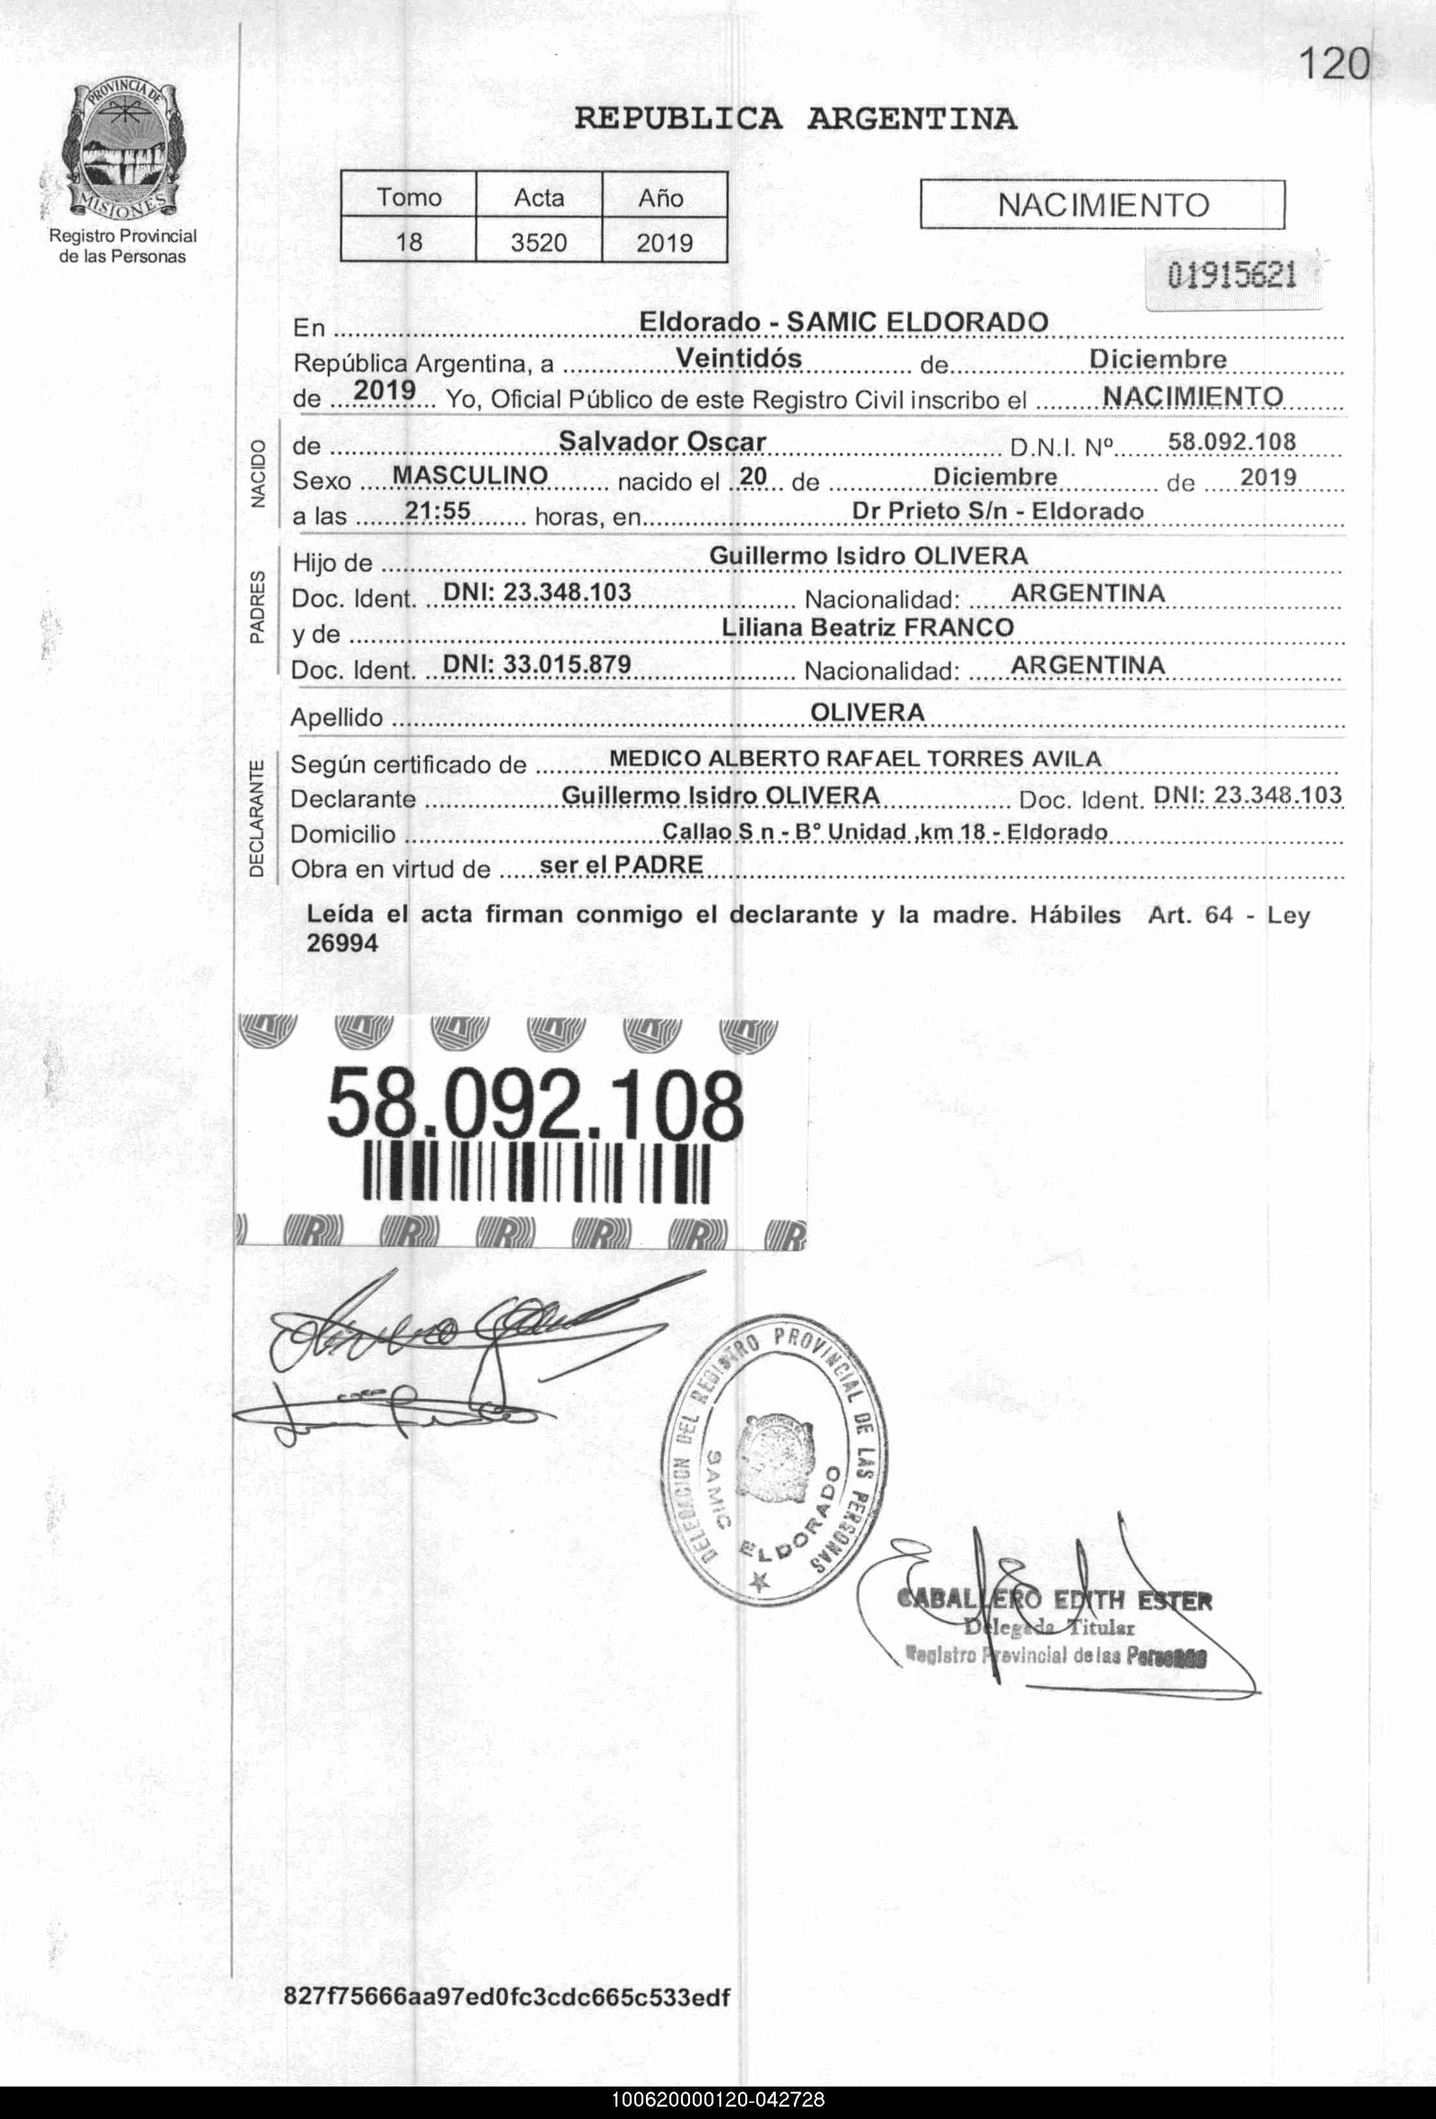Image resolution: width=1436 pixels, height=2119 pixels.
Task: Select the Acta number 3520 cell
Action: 539,243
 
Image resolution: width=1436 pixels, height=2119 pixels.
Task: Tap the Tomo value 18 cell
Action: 408,243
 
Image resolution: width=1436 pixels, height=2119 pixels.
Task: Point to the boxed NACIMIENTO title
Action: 1102,205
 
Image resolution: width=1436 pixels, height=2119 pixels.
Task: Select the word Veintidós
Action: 739,358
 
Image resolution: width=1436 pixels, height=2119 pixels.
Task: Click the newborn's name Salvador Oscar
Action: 662,441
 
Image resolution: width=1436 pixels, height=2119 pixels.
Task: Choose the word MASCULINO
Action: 469,475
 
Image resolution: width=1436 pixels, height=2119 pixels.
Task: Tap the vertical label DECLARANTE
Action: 257,818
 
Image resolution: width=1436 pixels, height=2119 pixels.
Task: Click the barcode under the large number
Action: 536,1172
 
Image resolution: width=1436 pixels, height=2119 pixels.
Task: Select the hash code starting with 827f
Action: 507,1997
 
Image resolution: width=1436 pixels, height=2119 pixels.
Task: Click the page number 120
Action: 1333,64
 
